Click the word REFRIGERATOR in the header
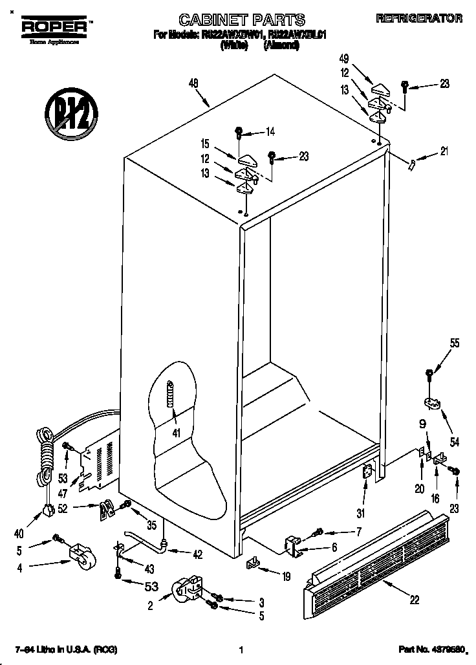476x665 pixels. pos(420,19)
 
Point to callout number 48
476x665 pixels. pos(193,83)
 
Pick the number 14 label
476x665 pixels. pos(270,133)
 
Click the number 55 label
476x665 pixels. pos(455,344)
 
